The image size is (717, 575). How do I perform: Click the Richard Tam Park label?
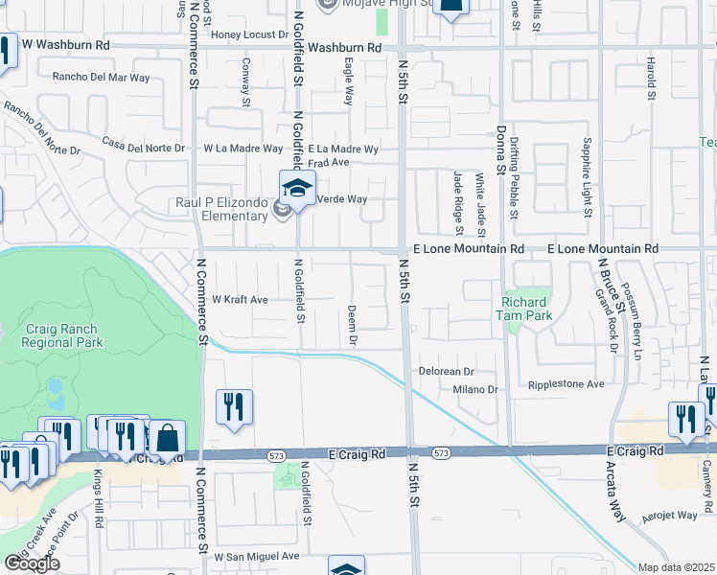coord(525,308)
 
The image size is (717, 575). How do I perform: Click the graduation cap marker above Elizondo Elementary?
coord(297,189)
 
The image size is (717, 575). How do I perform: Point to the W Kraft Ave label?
coord(240,300)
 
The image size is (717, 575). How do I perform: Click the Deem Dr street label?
coord(352,326)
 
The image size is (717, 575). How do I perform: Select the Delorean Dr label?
coord(447,371)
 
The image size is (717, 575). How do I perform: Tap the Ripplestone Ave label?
coord(567,384)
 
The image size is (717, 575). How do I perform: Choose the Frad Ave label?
coord(328,163)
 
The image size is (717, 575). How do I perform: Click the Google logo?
coord(32,563)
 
